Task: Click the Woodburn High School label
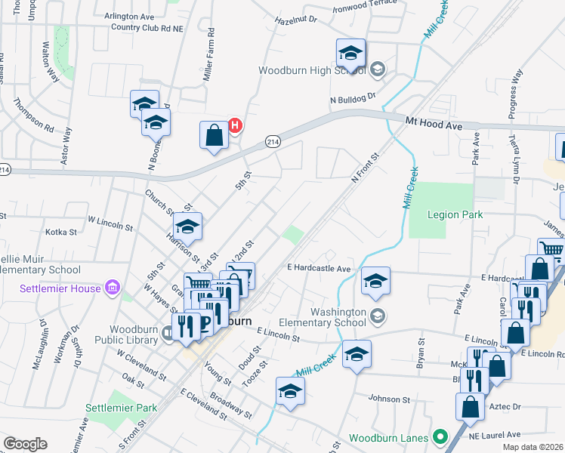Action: [x=312, y=70]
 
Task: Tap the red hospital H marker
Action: [x=235, y=125]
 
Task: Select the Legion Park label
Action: [x=454, y=214]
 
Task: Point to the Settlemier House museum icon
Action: [x=113, y=287]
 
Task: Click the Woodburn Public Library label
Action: [x=134, y=334]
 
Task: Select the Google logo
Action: [x=25, y=443]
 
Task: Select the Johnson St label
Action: [x=388, y=399]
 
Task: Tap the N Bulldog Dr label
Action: [x=352, y=99]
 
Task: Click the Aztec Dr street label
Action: [x=506, y=406]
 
